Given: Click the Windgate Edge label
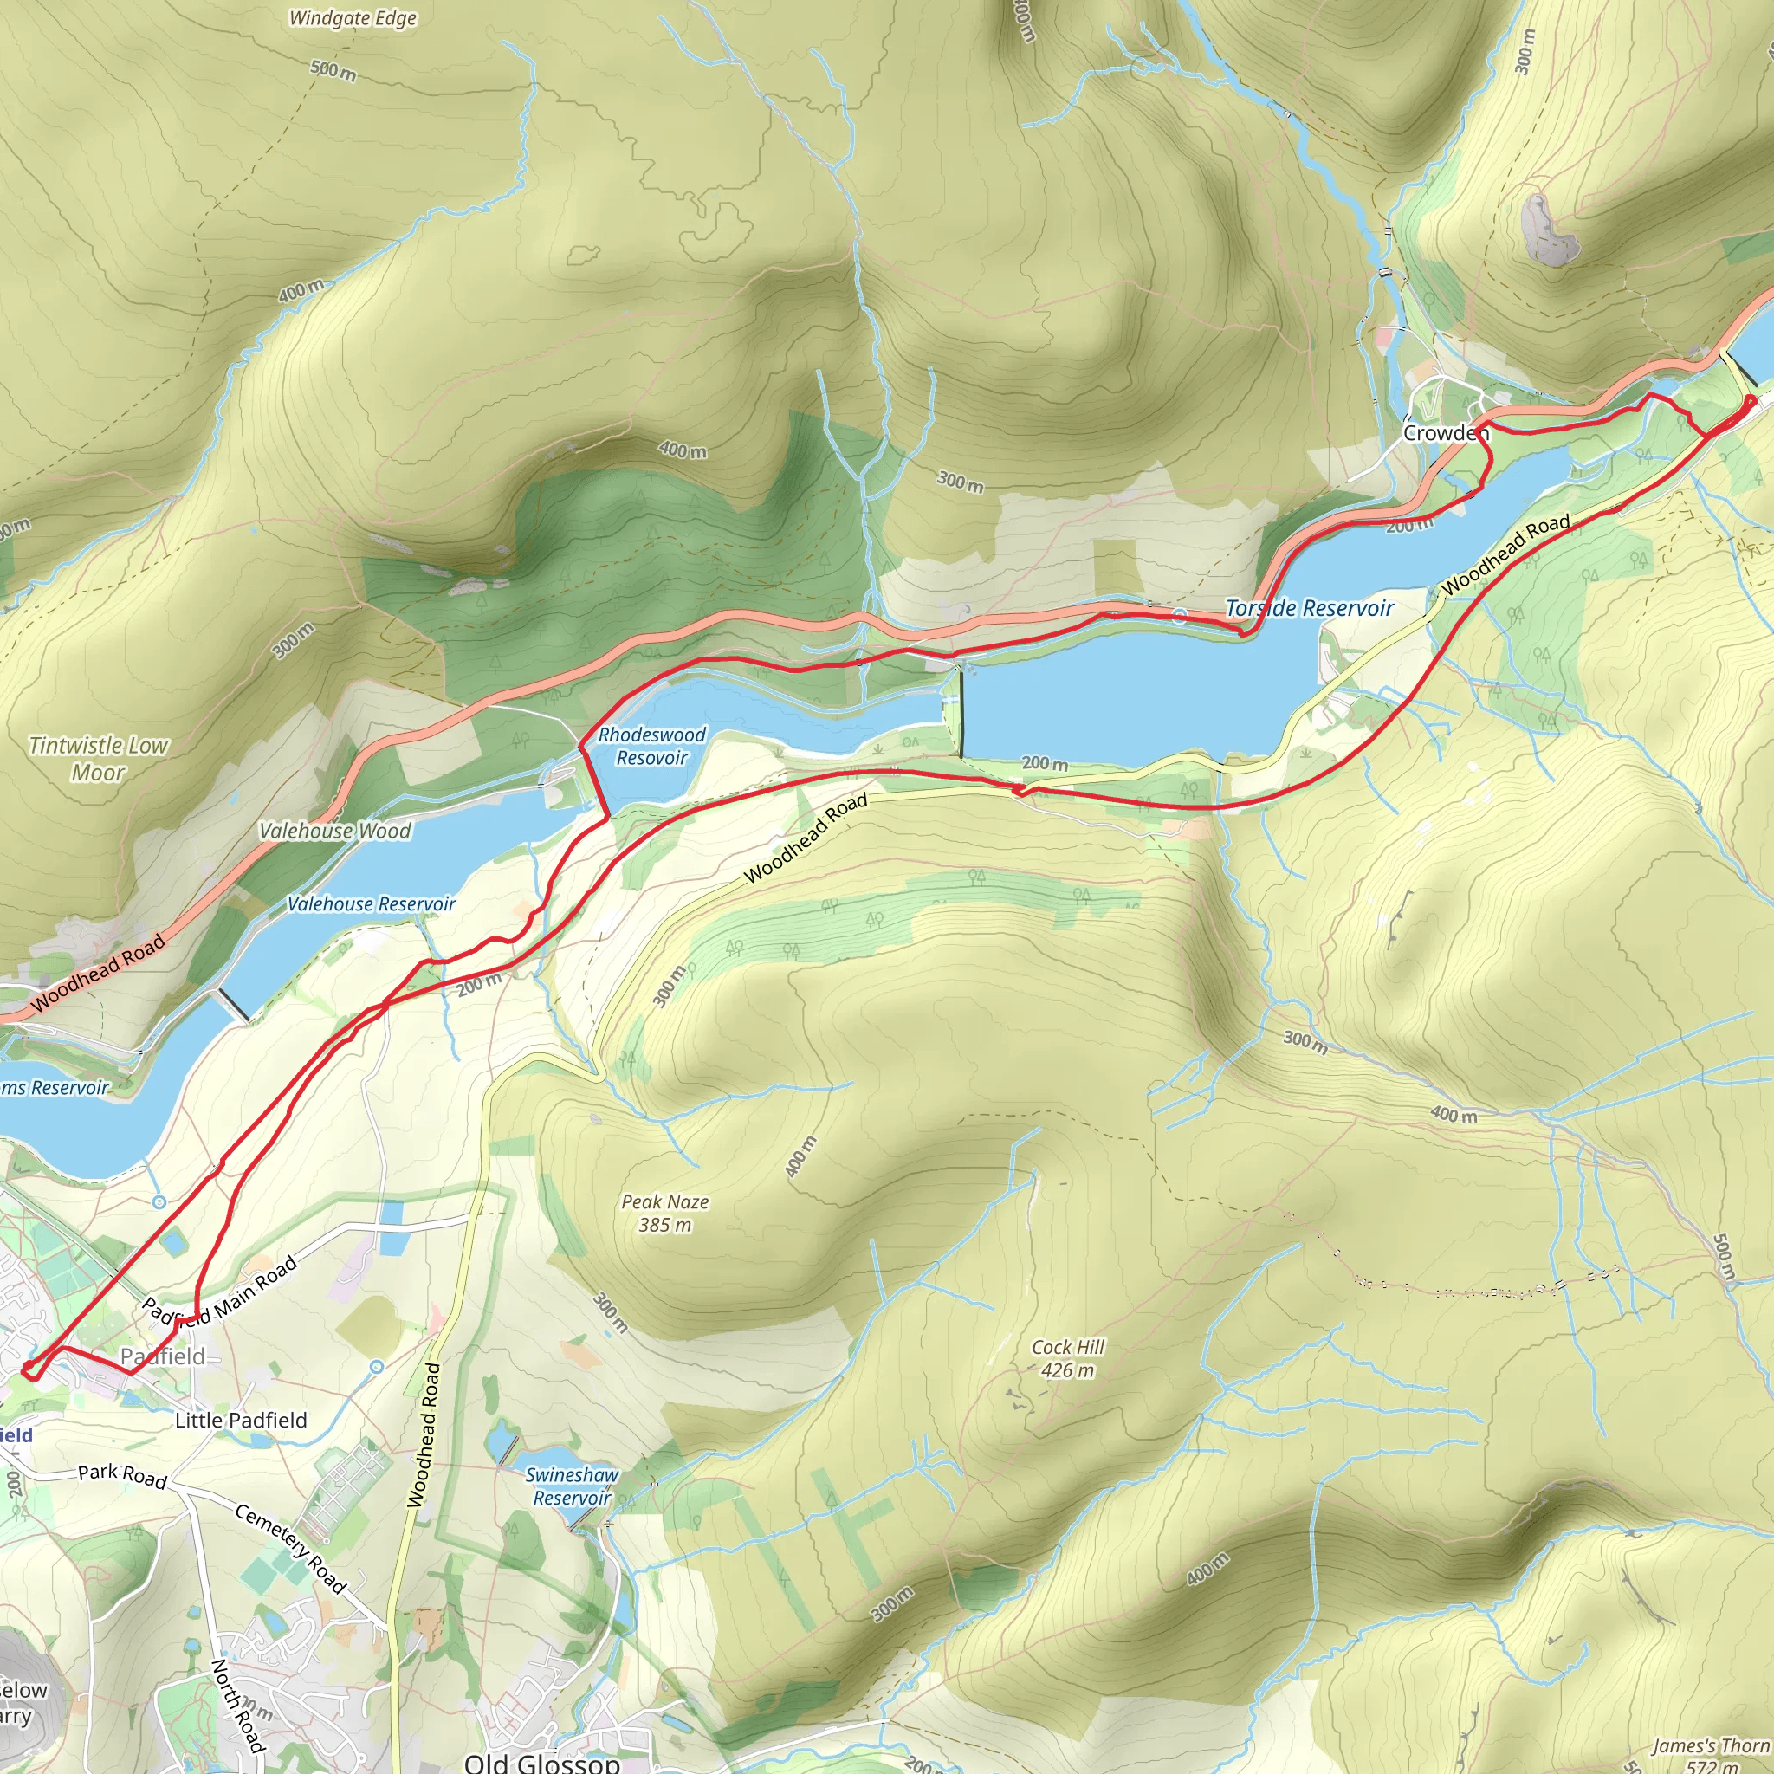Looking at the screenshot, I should click(353, 18).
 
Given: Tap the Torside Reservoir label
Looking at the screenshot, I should click(1310, 608).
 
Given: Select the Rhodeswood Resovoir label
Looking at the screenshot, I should click(652, 746).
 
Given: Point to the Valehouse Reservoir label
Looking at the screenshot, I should click(371, 903).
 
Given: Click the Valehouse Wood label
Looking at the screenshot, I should click(334, 830).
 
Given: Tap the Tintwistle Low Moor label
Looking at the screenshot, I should click(98, 759).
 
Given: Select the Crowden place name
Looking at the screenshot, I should click(1443, 432).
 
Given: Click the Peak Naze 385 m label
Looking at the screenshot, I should click(664, 1212).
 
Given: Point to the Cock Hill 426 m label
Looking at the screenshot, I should click(1068, 1358).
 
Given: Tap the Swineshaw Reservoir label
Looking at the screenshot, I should click(572, 1486).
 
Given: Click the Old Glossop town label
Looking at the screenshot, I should click(541, 1761).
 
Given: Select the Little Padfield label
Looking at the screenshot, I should click(241, 1421).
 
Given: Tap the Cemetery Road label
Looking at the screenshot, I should click(290, 1548).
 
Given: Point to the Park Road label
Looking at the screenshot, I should click(122, 1475).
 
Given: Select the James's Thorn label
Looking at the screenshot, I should click(1710, 1745).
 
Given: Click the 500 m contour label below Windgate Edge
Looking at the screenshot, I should click(333, 70).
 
